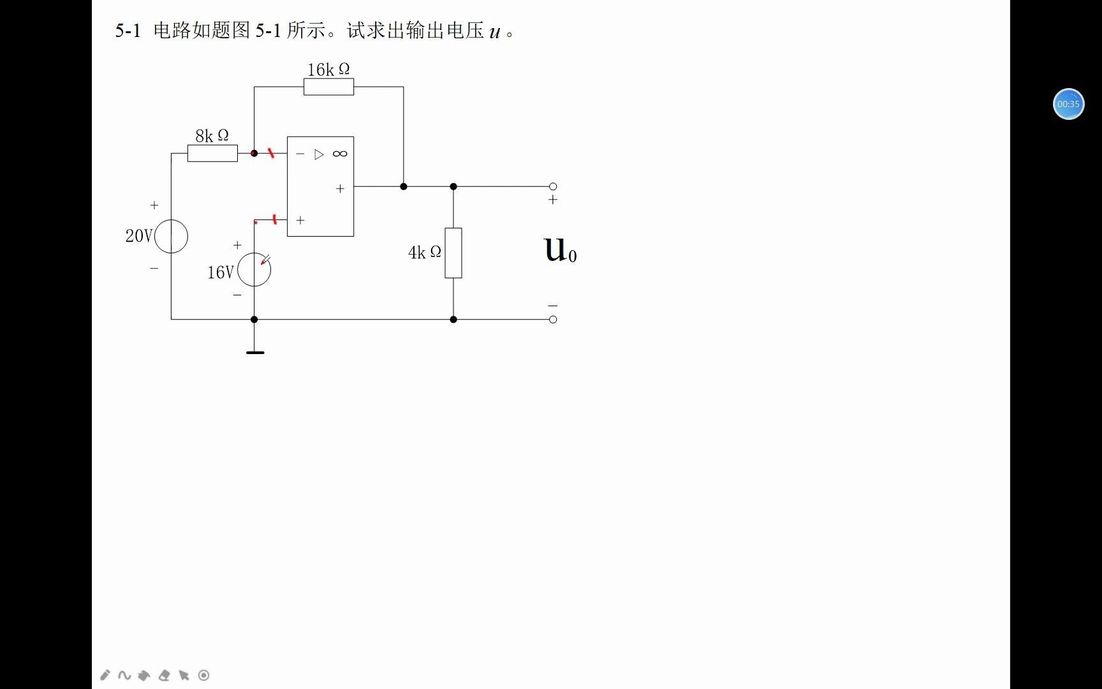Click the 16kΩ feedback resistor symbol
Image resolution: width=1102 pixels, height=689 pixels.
328,87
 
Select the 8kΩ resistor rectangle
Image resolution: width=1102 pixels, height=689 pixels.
212,153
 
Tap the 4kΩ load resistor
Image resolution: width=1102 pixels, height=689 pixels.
453,253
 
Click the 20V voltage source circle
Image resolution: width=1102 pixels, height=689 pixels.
171,236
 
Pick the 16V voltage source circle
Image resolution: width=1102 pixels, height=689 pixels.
254,269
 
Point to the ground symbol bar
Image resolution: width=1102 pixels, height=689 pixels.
255,352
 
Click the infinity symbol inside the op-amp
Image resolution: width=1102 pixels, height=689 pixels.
340,154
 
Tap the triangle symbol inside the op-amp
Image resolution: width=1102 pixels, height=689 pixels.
319,154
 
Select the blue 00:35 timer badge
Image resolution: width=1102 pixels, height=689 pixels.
1068,104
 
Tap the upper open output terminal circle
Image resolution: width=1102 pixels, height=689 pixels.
553,186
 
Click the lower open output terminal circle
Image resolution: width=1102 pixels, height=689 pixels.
553,319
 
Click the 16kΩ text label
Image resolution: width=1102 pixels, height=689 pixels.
328,69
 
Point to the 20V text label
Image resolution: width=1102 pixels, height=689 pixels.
138,236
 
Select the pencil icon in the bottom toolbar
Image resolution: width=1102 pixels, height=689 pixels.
105,675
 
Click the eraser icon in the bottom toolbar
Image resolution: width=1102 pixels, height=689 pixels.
164,675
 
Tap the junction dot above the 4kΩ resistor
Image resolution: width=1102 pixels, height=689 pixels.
453,186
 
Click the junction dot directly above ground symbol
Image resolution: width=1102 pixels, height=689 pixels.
254,319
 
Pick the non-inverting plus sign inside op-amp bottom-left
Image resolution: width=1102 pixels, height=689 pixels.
300,220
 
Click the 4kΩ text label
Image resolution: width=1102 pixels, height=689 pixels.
424,253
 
